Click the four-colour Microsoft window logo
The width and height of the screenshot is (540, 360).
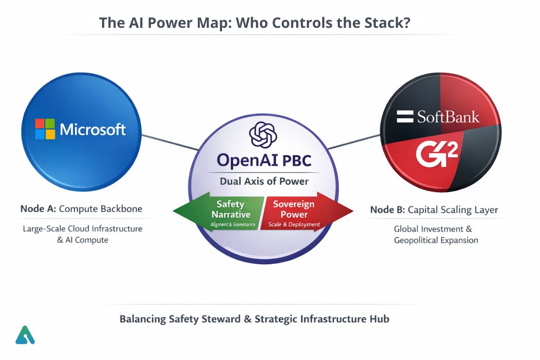pos(45,129)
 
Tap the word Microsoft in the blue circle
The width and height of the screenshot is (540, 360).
pos(93,129)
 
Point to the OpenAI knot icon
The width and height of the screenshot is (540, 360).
pos(263,135)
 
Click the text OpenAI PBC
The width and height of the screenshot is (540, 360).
pos(264,161)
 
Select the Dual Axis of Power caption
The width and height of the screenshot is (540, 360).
pos(264,181)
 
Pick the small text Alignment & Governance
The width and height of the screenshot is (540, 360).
pos(233,225)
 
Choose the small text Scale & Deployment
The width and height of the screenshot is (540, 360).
pos(294,225)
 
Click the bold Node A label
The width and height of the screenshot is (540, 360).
pos(38,209)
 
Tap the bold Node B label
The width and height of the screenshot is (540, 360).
pos(387,210)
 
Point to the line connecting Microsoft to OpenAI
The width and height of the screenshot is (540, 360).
pos(169,142)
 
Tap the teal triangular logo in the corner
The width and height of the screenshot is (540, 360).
pos(25,335)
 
